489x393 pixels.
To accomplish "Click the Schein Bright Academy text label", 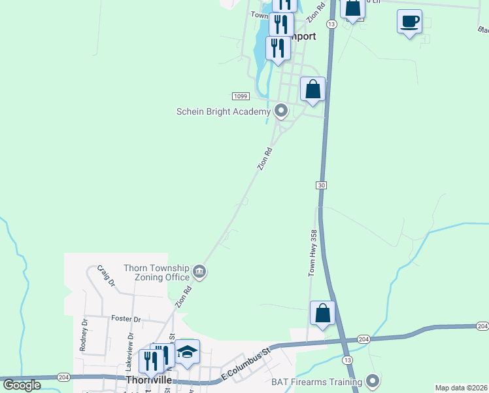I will click(223, 111).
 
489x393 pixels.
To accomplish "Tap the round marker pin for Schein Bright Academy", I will click(281, 111).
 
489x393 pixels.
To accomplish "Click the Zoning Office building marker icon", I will click(200, 271).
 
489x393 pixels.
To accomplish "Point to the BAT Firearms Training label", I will click(316, 381).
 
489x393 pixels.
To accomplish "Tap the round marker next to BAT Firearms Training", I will click(373, 381).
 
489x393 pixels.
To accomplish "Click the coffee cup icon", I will click(409, 22).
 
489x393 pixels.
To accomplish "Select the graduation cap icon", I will click(187, 352).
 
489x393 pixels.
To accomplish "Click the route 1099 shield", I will click(240, 96).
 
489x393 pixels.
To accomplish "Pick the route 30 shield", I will click(321, 186).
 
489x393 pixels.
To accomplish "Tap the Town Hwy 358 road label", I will click(313, 252).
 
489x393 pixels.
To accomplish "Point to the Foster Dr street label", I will click(126, 319).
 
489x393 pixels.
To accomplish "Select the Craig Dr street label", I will click(105, 276).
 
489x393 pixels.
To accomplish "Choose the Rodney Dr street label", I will click(83, 335).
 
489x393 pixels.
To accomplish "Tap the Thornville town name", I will click(150, 380).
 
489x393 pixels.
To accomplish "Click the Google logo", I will click(22, 385).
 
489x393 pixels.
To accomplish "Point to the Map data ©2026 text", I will click(461, 388).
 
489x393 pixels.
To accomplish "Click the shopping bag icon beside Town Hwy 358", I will click(323, 313).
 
